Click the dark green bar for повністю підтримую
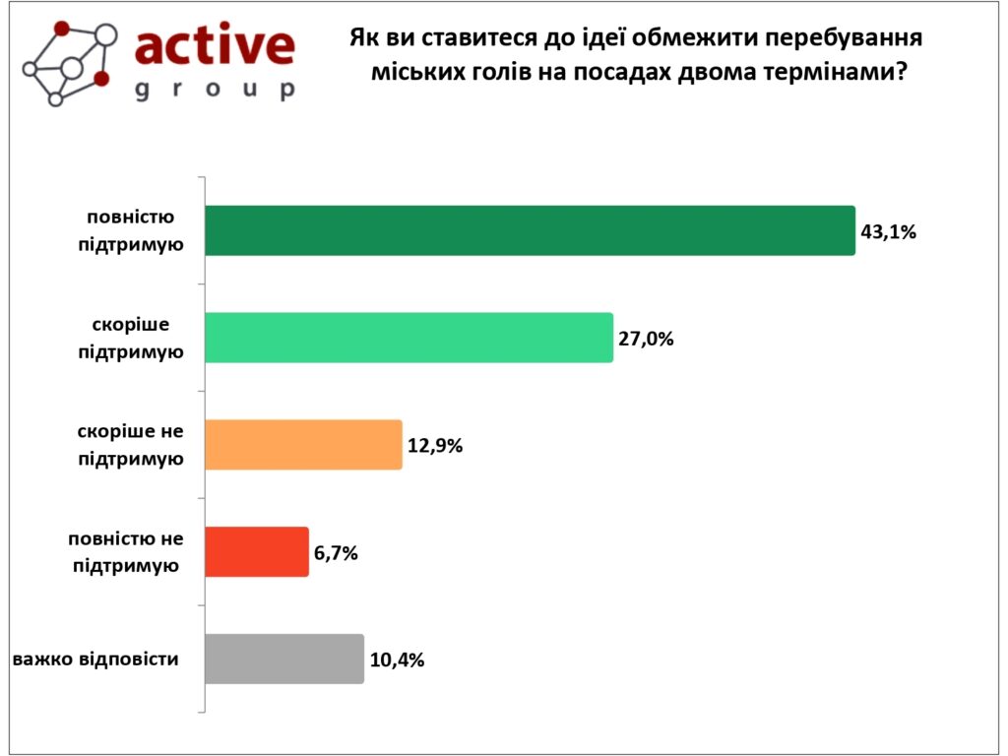click(530, 230)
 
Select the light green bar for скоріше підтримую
click(409, 338)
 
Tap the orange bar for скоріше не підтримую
click(303, 444)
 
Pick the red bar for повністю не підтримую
click(256, 551)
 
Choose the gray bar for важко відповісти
click(283, 659)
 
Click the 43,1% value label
click(888, 232)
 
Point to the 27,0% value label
click(646, 339)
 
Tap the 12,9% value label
click(435, 445)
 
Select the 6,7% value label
click(336, 552)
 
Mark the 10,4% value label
click(397, 660)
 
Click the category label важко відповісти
click(96, 659)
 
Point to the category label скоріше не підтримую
click(131, 445)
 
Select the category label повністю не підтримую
click(126, 551)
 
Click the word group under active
click(214, 90)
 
